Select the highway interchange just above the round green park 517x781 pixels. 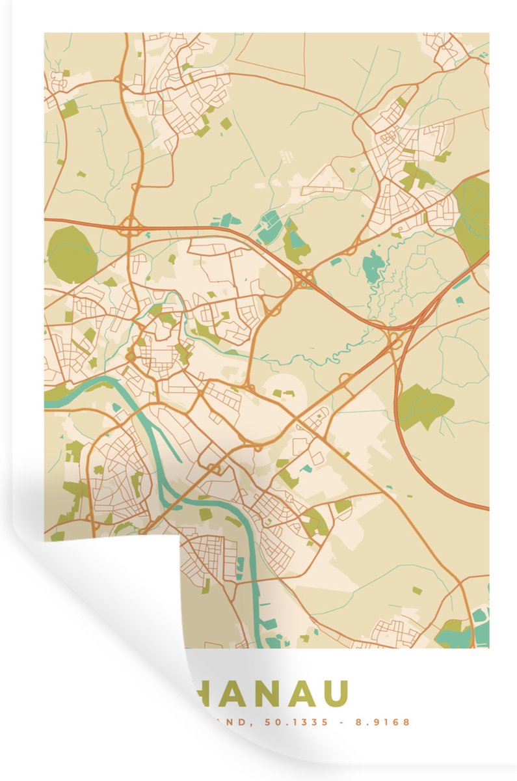[x=131, y=226]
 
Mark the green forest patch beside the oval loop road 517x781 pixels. [x=424, y=405]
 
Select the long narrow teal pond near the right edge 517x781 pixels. [x=463, y=281]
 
